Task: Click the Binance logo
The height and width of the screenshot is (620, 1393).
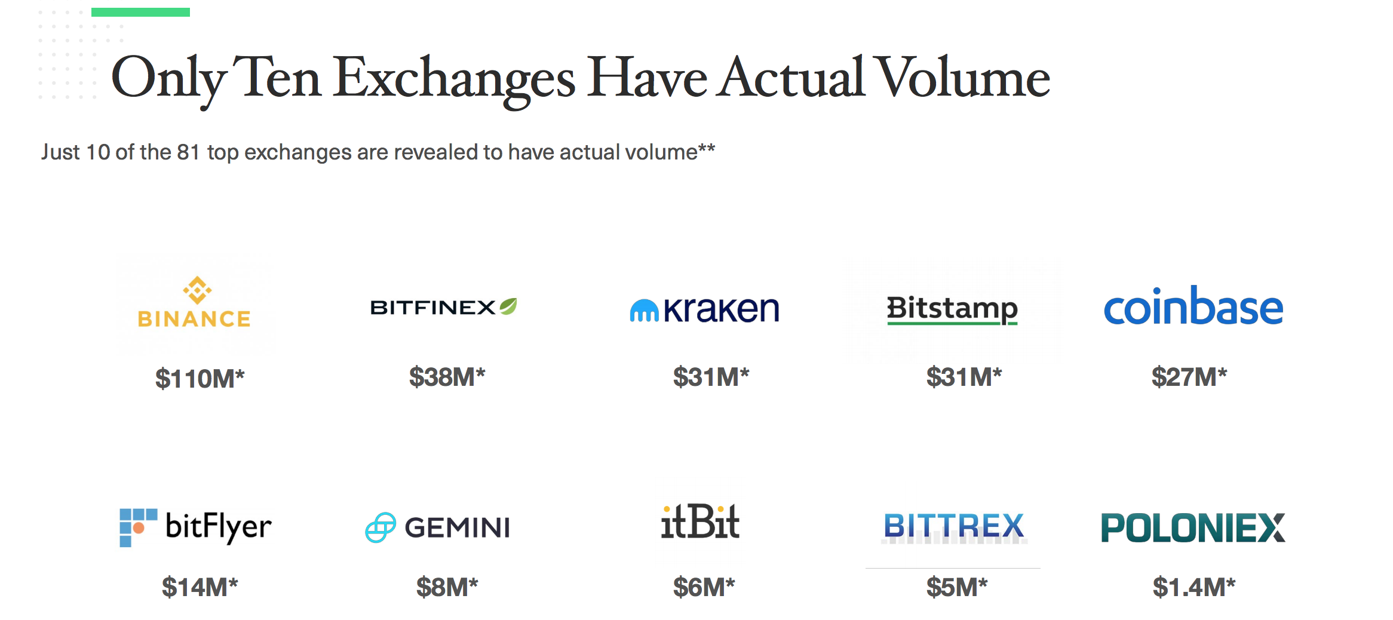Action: click(194, 302)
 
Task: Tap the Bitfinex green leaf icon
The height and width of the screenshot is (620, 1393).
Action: click(508, 306)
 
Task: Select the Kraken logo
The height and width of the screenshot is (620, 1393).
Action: click(704, 309)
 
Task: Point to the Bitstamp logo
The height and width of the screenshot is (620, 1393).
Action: click(952, 310)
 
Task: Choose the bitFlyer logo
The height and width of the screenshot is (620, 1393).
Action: click(195, 527)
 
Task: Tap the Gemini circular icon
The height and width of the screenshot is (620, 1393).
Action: click(381, 527)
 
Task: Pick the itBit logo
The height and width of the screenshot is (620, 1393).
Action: click(700, 521)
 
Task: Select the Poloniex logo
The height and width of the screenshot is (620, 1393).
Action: click(1193, 527)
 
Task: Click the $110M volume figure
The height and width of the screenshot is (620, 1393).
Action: click(200, 379)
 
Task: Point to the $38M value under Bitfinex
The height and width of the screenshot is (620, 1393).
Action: click(447, 377)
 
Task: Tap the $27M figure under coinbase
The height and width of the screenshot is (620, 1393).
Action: click(1189, 377)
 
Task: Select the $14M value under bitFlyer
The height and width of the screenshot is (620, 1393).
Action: click(200, 587)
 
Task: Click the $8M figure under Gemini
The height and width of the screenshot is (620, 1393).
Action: click(447, 587)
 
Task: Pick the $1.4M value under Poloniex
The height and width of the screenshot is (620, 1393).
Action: click(1194, 587)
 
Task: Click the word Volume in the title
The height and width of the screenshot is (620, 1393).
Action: click(964, 77)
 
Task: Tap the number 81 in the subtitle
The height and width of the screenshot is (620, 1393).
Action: click(188, 152)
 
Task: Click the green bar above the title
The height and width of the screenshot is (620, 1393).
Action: click(140, 12)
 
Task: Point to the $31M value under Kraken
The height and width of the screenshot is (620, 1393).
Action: click(711, 377)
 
